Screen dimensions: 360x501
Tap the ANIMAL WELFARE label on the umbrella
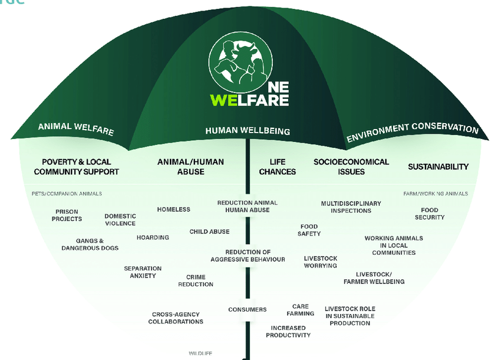(75, 128)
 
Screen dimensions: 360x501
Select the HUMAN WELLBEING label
(248, 131)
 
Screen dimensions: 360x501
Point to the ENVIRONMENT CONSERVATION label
(412, 132)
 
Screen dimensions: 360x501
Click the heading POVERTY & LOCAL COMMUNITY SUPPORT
(77, 167)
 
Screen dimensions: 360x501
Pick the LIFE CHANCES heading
(278, 167)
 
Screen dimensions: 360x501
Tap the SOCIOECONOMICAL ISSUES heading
(351, 167)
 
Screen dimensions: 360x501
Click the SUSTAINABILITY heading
(439, 167)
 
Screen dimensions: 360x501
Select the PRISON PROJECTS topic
(67, 215)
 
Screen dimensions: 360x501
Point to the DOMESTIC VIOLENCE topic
(120, 220)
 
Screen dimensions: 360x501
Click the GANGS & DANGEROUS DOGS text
(90, 245)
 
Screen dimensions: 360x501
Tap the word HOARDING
(153, 237)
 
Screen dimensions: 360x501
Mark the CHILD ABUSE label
(209, 232)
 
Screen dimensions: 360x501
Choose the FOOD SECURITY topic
(430, 213)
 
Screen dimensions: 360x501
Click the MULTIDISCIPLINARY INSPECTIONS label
(351, 207)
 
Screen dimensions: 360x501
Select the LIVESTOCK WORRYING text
(320, 262)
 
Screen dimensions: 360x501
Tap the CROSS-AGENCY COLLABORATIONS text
(176, 318)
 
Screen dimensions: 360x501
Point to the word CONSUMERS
(248, 309)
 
